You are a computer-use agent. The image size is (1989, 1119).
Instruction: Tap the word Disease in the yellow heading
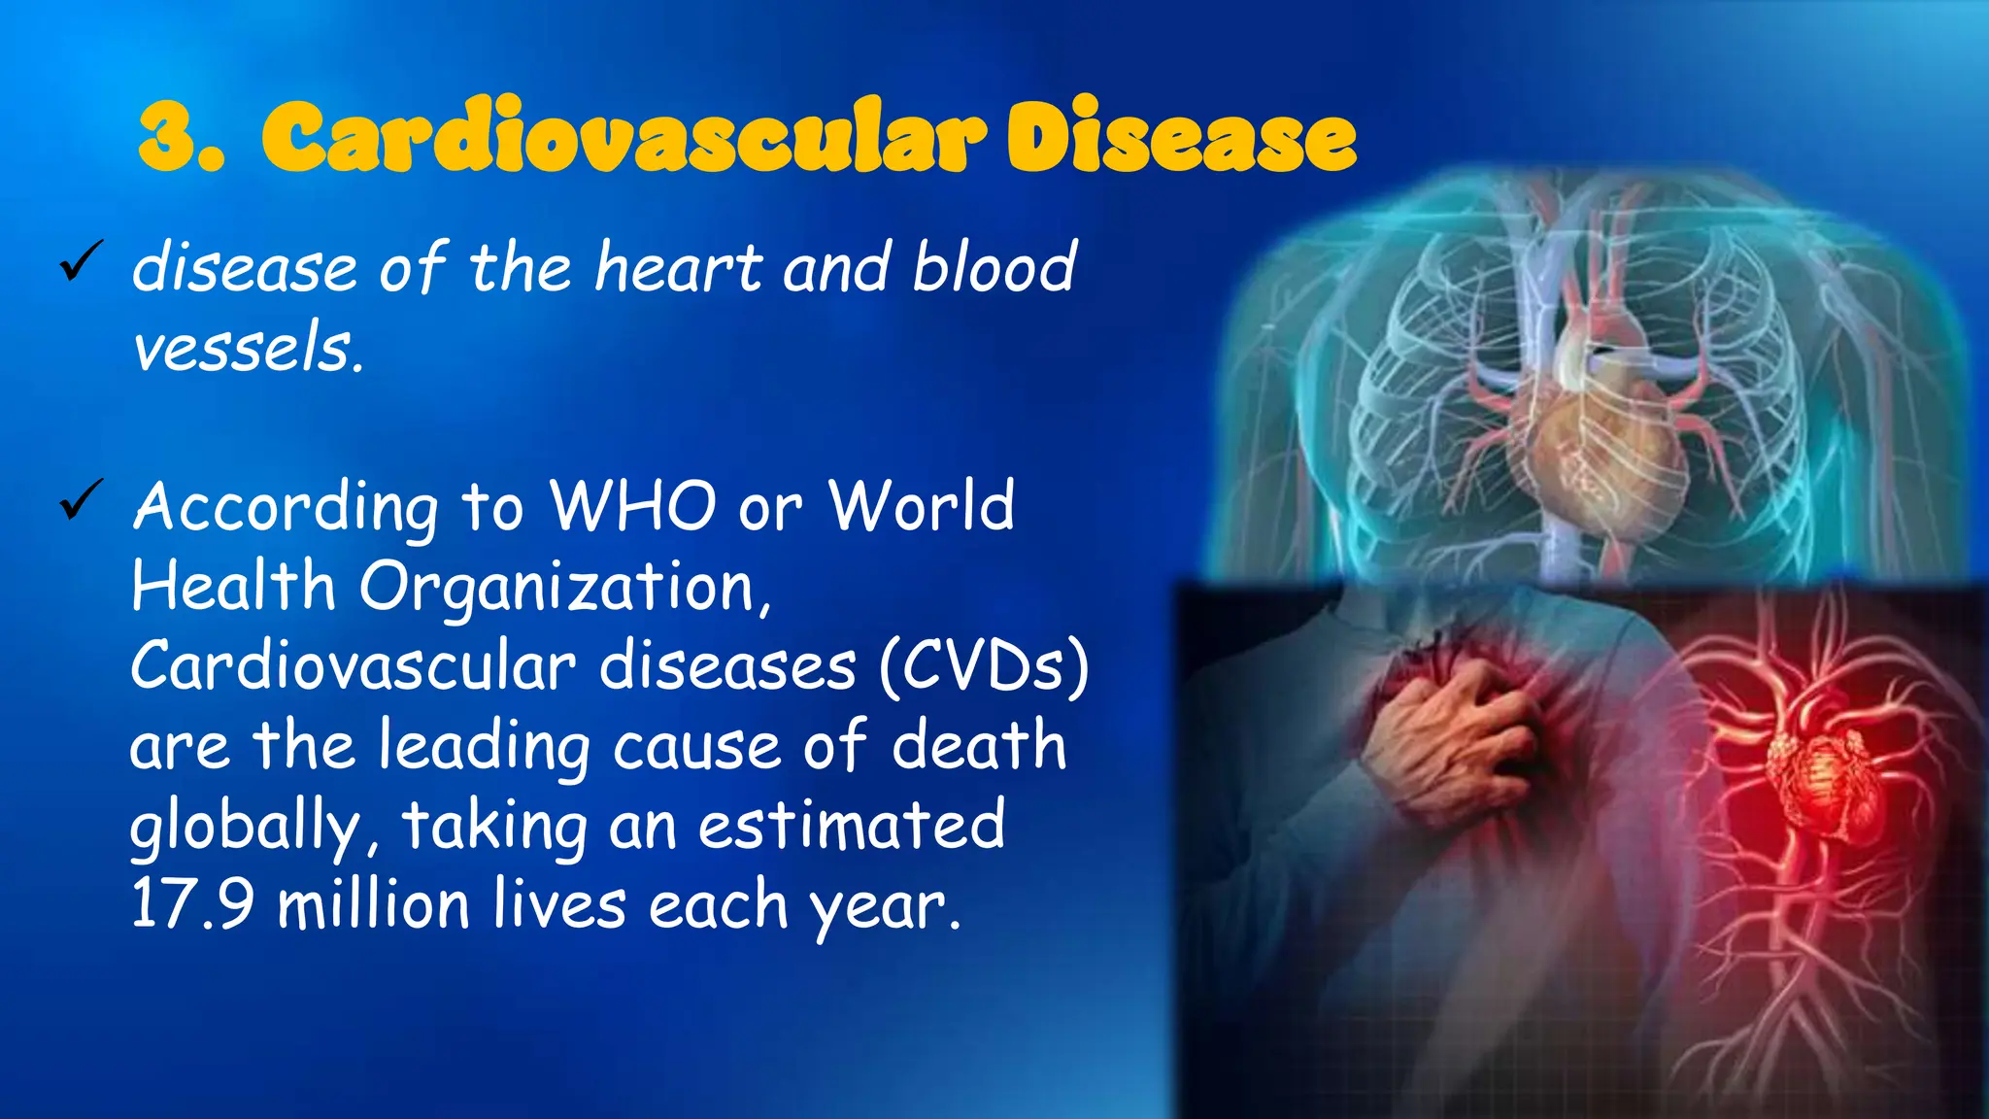coord(1180,138)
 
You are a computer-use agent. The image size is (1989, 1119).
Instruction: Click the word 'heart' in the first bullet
coord(678,266)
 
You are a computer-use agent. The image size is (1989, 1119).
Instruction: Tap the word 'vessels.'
coord(248,348)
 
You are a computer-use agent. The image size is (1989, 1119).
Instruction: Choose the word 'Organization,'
coord(565,589)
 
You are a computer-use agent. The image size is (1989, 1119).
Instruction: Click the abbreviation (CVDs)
coord(984,666)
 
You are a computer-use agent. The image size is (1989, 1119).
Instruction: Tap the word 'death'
coord(978,746)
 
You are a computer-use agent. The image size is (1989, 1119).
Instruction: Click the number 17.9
coord(192,903)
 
